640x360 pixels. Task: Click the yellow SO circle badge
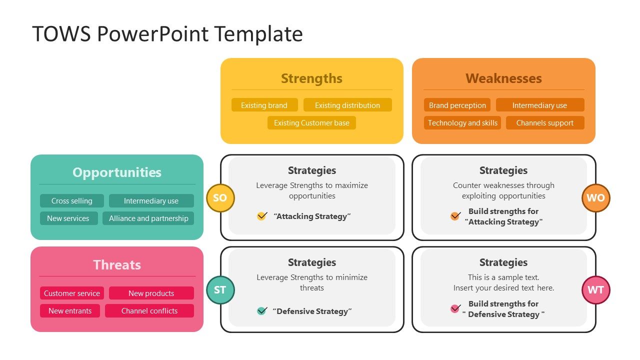(220, 197)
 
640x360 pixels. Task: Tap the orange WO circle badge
(595, 197)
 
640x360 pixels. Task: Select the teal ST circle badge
(220, 290)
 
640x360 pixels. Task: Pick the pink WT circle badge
(595, 290)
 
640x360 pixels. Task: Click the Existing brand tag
(264, 105)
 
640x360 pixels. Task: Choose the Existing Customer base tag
(311, 122)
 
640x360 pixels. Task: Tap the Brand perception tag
(457, 105)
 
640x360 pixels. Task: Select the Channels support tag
(544, 122)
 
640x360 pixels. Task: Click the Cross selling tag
(71, 200)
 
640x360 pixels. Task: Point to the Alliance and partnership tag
(148, 218)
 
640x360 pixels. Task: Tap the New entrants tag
(69, 310)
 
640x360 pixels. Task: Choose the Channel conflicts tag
(149, 310)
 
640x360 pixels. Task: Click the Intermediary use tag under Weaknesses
(539, 105)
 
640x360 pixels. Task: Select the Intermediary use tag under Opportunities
(151, 200)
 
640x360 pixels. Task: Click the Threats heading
(117, 265)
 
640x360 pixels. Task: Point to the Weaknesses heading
(503, 78)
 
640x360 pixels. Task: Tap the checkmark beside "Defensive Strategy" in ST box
(261, 311)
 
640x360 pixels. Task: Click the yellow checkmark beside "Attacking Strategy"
(261, 216)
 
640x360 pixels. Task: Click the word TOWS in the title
(61, 34)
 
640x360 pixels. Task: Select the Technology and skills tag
(462, 122)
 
